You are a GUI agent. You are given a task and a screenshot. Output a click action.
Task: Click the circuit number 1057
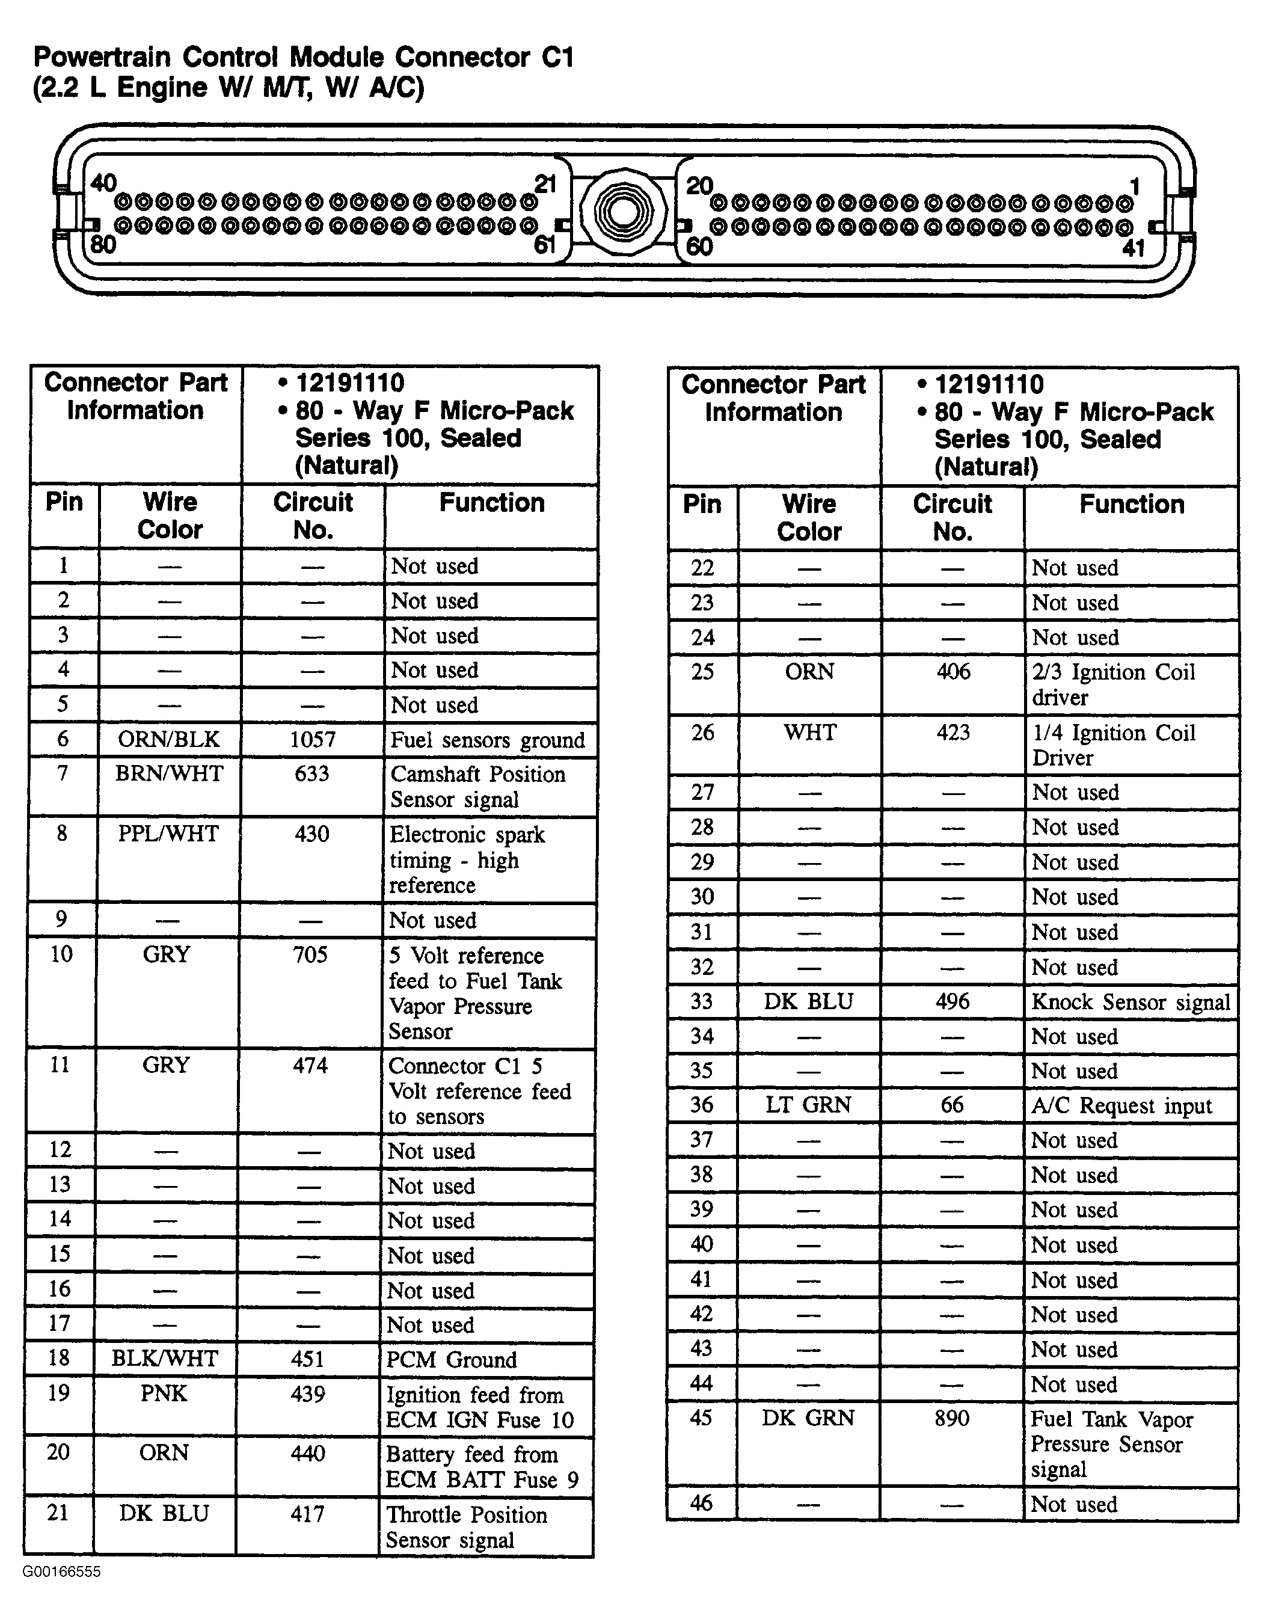point(312,740)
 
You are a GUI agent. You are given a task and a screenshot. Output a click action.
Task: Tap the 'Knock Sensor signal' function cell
point(1131,1002)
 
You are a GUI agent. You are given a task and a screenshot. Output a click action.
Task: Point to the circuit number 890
point(951,1419)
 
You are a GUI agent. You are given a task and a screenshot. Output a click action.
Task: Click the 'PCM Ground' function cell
point(451,1360)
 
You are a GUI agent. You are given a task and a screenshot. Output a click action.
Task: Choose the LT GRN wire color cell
point(808,1105)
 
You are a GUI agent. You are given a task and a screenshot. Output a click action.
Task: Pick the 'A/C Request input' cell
point(1121,1106)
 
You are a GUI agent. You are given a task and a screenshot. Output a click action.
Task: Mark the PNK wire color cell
point(164,1393)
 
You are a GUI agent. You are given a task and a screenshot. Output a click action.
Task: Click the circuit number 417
point(307,1514)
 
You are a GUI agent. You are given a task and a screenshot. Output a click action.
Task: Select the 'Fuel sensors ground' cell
point(487,740)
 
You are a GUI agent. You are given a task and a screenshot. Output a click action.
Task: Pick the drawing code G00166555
point(62,1571)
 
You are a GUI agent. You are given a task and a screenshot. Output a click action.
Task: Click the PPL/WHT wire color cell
point(168,834)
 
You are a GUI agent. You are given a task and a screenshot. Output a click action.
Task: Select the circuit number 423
point(953,733)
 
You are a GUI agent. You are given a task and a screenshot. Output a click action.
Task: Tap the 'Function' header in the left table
point(492,503)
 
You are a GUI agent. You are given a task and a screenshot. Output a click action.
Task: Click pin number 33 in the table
point(702,1002)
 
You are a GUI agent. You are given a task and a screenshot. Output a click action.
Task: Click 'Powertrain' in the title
point(102,57)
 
